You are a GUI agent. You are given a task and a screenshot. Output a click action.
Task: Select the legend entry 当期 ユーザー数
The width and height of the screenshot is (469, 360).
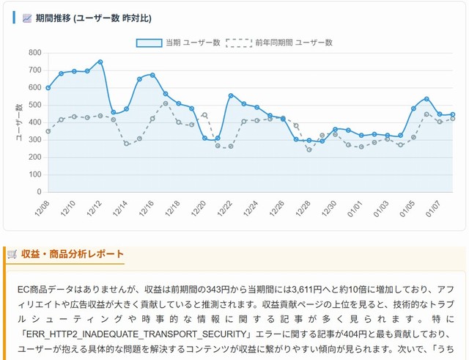178,43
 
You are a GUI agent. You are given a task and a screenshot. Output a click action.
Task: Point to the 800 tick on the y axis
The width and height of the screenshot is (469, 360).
35,53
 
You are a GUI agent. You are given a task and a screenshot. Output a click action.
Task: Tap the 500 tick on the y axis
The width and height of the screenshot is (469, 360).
35,105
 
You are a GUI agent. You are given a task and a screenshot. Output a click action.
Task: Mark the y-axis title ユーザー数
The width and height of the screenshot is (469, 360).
18,122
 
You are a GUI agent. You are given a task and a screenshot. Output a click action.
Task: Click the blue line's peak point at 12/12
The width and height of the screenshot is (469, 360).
100,62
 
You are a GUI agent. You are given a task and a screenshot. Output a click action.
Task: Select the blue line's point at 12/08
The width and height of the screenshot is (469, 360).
48,88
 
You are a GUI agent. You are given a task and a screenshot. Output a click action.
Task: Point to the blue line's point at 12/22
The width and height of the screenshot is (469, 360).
231,95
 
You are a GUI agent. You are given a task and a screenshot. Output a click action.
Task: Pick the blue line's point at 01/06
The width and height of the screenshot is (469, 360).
426,99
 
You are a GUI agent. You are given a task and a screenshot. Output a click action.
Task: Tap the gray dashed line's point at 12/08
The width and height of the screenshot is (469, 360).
48,131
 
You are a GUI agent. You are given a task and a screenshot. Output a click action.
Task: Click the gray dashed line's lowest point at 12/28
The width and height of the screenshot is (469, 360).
309,150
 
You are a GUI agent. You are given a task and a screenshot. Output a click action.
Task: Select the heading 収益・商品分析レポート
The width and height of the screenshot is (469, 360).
73,254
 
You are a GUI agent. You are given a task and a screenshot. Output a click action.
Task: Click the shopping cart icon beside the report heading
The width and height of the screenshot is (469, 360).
12,254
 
